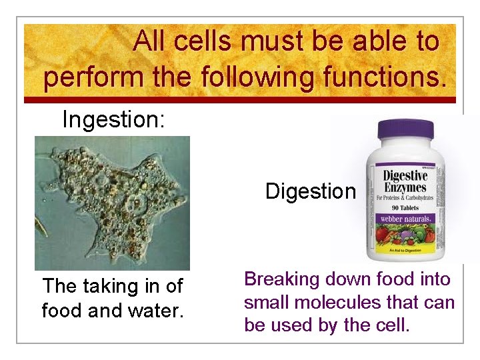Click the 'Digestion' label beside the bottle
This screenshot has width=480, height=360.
pyautogui.click(x=310, y=191)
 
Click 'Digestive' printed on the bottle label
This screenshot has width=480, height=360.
pyautogui.click(x=405, y=177)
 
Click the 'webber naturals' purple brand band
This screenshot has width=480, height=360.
pyautogui.click(x=405, y=219)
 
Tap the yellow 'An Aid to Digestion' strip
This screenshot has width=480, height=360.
pyautogui.click(x=405, y=251)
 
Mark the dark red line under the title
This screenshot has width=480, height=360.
pyautogui.click(x=240, y=100)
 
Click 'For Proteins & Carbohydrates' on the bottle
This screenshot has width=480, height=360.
pyautogui.click(x=405, y=199)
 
